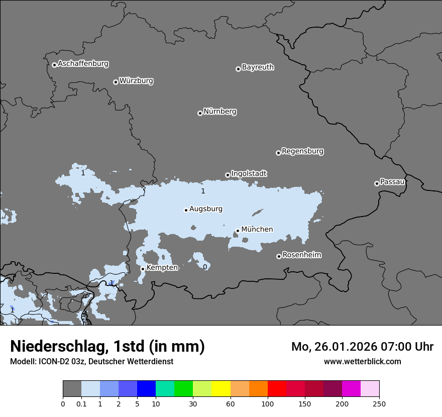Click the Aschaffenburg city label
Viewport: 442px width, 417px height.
[83, 64]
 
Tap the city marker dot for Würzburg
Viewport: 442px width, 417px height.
[116, 82]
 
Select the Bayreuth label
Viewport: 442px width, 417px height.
[258, 67]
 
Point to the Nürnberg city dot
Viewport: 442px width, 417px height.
[200, 113]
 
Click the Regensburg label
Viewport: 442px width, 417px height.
[302, 151]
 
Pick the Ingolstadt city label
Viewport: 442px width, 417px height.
[249, 174]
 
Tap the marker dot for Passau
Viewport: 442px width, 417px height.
[377, 183]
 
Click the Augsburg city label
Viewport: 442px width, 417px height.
[206, 209]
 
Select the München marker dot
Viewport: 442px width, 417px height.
[238, 231]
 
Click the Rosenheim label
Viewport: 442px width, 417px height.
[301, 255]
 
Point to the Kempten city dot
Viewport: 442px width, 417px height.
[143, 269]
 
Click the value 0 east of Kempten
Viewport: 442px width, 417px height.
[205, 267]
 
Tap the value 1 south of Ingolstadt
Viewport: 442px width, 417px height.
[203, 191]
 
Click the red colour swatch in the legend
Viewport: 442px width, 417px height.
[277, 389]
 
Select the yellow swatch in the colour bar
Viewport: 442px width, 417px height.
[221, 389]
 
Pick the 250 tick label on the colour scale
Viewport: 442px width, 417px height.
[379, 403]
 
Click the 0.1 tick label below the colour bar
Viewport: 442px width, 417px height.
[81, 403]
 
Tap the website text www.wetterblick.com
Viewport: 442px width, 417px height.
[362, 361]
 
